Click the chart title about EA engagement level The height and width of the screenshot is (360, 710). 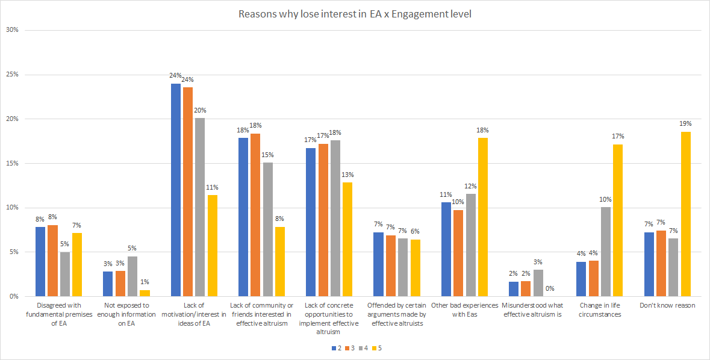pyautogui.click(x=355, y=14)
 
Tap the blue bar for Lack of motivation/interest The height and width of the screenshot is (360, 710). pyautogui.click(x=176, y=190)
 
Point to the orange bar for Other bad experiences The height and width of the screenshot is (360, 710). pyautogui.click(x=458, y=253)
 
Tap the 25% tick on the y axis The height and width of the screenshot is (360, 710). pyautogui.click(x=11, y=75)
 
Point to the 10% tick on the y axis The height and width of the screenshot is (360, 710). pyautogui.click(x=11, y=208)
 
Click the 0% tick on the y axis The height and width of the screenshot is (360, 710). pyautogui.click(x=13, y=296)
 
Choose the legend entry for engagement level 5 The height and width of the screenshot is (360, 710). pyautogui.click(x=378, y=348)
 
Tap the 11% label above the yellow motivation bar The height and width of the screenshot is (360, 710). pyautogui.click(x=211, y=187)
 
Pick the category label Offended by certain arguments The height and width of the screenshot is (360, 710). pyautogui.click(x=397, y=314)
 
